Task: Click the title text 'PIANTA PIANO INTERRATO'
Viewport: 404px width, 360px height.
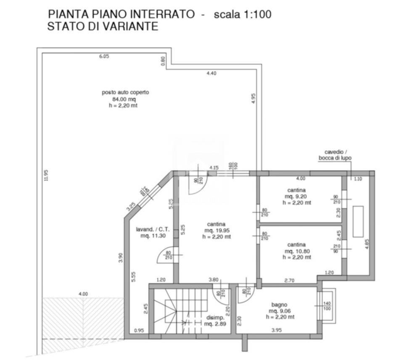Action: click(x=121, y=14)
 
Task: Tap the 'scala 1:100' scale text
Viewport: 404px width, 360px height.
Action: click(x=243, y=14)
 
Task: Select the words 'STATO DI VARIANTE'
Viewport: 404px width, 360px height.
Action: click(x=103, y=26)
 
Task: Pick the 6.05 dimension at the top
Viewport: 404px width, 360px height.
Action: click(x=104, y=56)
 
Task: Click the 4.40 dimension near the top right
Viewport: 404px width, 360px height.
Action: click(x=211, y=73)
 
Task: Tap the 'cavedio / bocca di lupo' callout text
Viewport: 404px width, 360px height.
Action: click(x=335, y=155)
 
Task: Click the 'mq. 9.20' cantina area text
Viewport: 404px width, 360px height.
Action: click(x=296, y=196)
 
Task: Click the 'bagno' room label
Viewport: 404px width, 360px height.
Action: click(x=279, y=305)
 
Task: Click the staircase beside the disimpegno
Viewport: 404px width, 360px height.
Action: click(x=181, y=310)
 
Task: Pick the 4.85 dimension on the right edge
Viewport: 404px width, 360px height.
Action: click(x=367, y=244)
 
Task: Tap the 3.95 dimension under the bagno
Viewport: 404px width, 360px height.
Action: click(x=276, y=330)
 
